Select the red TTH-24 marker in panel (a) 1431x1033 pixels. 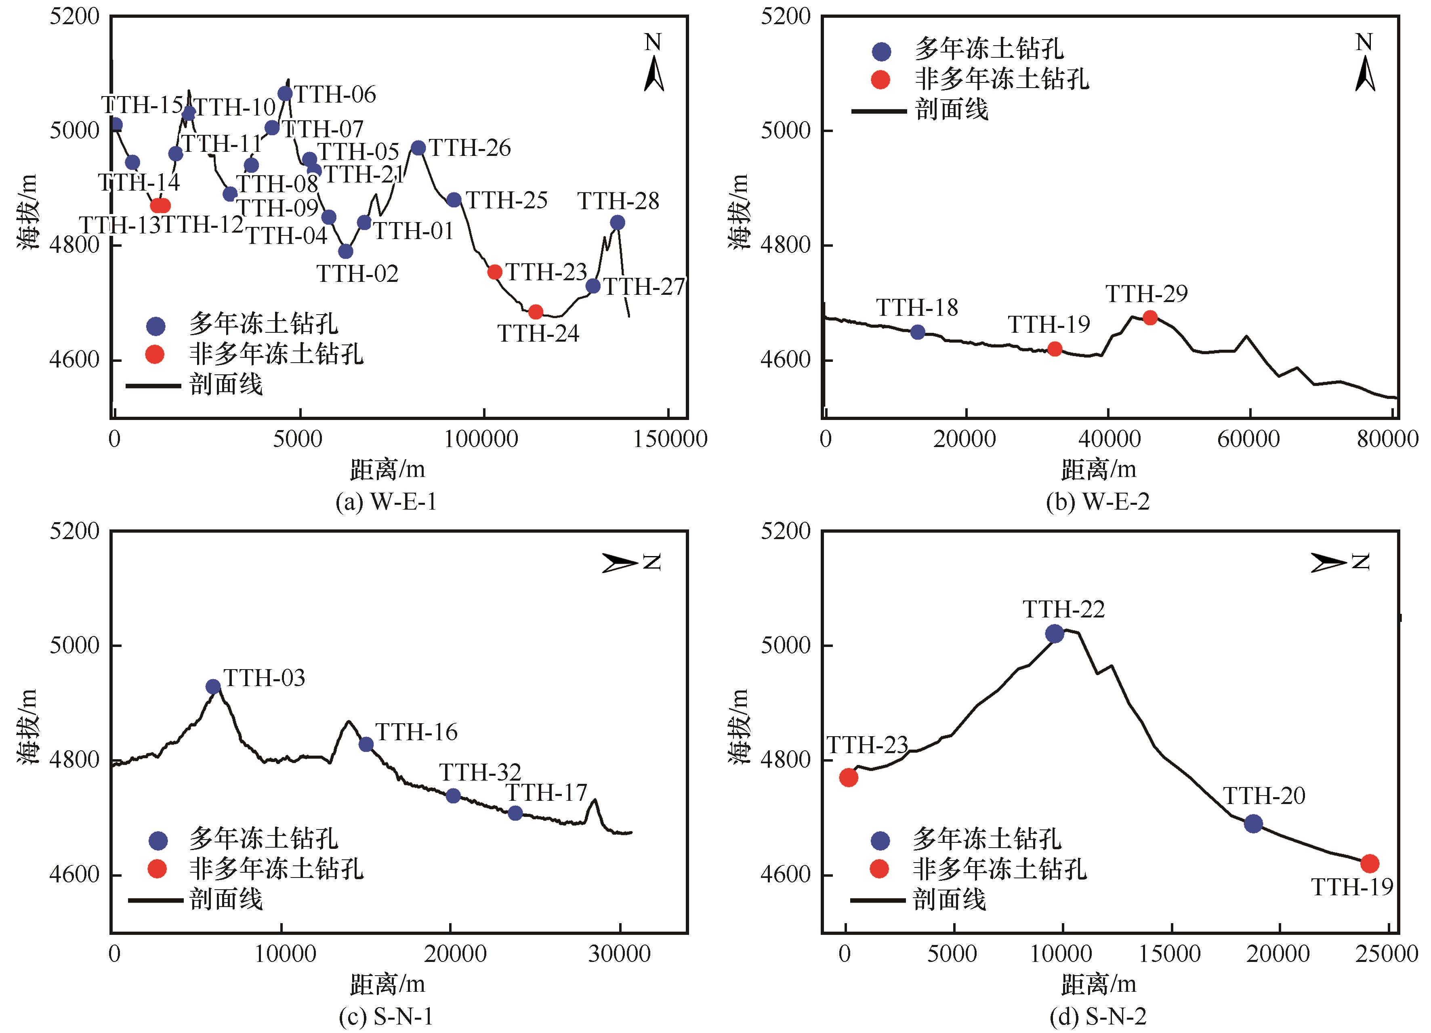[536, 312]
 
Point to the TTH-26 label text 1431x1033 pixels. [470, 148]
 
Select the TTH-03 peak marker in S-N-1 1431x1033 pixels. [213, 687]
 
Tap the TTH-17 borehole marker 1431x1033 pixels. [515, 813]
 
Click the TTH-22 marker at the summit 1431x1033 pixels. [1054, 634]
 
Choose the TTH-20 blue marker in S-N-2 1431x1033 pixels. [1253, 823]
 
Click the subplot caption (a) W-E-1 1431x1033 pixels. [386, 502]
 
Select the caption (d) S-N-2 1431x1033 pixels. [1098, 1016]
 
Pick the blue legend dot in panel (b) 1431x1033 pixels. [881, 51]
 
